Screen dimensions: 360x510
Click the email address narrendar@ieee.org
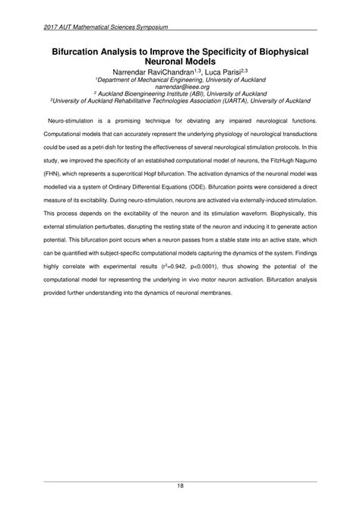[179, 86]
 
